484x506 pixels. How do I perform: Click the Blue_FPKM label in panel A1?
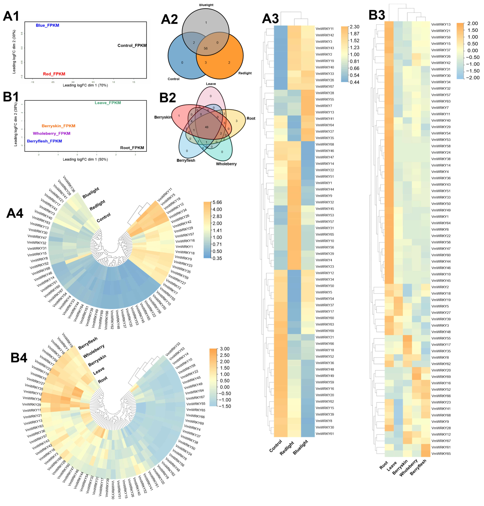tap(47, 25)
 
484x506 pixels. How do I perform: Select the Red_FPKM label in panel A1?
tap(54, 74)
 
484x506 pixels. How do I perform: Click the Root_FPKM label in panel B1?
tap(132, 148)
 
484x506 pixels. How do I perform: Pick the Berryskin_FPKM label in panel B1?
tap(59, 126)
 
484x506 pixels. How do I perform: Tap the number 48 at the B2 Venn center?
tap(206, 127)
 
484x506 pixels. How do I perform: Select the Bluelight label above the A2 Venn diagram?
tap(206, 5)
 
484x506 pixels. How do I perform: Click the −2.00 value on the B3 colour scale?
tap(473, 78)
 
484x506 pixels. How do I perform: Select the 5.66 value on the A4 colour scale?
tap(217, 202)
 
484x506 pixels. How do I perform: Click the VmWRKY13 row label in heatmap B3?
tap(441, 24)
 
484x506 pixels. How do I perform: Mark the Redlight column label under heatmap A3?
tap(287, 448)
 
